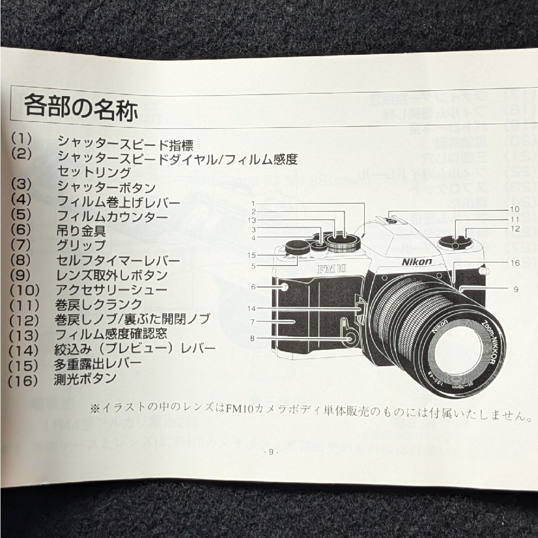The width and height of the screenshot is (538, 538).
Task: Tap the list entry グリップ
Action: pos(81,245)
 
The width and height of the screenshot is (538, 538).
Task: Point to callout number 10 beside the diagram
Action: pos(515,209)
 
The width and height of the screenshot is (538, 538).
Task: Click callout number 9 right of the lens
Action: pos(516,288)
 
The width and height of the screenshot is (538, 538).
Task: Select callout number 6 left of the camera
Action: pos(253,287)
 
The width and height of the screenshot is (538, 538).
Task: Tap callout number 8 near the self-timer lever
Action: pos(253,337)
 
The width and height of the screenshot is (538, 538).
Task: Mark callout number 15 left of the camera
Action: pos(253,255)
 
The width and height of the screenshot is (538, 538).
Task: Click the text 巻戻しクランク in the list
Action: pos(99,304)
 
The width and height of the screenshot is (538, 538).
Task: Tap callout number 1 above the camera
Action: pos(253,203)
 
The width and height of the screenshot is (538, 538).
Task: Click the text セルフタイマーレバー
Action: pos(119,260)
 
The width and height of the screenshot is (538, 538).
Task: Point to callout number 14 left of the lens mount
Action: pos(252,308)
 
